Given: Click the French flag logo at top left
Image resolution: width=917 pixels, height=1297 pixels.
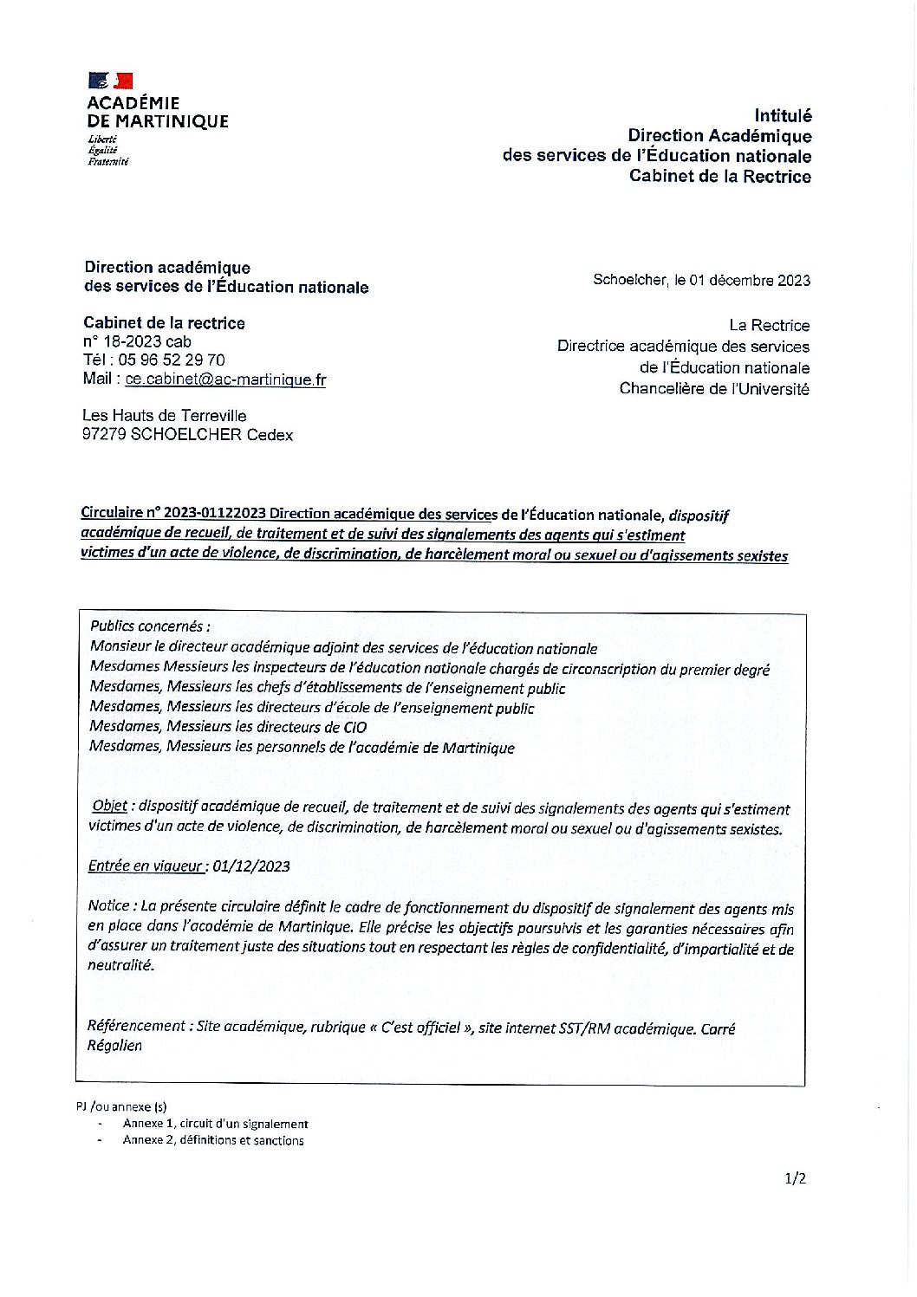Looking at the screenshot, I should point(110,81).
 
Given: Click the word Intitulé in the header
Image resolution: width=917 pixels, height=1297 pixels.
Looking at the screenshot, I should point(783,115).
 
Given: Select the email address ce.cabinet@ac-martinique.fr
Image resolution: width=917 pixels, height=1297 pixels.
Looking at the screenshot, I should point(225,379).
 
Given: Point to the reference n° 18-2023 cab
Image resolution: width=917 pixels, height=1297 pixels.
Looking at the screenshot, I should point(136,341).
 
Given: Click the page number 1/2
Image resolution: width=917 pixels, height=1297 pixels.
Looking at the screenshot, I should point(795,1178).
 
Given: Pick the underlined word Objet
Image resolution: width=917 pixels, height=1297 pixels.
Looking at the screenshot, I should point(110,807).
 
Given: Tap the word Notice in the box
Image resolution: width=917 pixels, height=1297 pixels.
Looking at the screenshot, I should point(109,906).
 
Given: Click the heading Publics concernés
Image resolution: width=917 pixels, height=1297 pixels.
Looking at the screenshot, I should point(149,626).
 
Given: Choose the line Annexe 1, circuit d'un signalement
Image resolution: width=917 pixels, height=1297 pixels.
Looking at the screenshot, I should point(215,1124).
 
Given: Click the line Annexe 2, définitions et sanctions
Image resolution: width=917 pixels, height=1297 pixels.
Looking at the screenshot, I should point(213,1141).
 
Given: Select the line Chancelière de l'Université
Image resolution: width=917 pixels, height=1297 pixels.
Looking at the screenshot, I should point(714,389).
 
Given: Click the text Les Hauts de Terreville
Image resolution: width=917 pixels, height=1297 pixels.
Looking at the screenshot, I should point(164,416).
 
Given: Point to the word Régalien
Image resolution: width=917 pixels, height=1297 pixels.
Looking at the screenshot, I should point(114,1046).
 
